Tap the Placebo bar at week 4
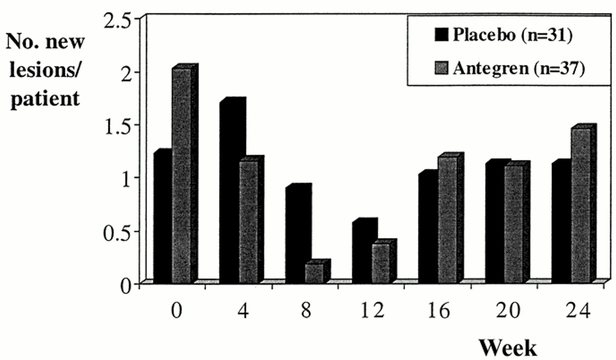pyautogui.click(x=230, y=193)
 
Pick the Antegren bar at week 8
pyautogui.click(x=314, y=273)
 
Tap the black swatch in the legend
pyautogui.click(x=441, y=36)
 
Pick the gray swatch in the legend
pyautogui.click(x=441, y=69)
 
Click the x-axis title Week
pyautogui.click(x=508, y=346)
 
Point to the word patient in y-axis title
pyautogui.click(x=44, y=99)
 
